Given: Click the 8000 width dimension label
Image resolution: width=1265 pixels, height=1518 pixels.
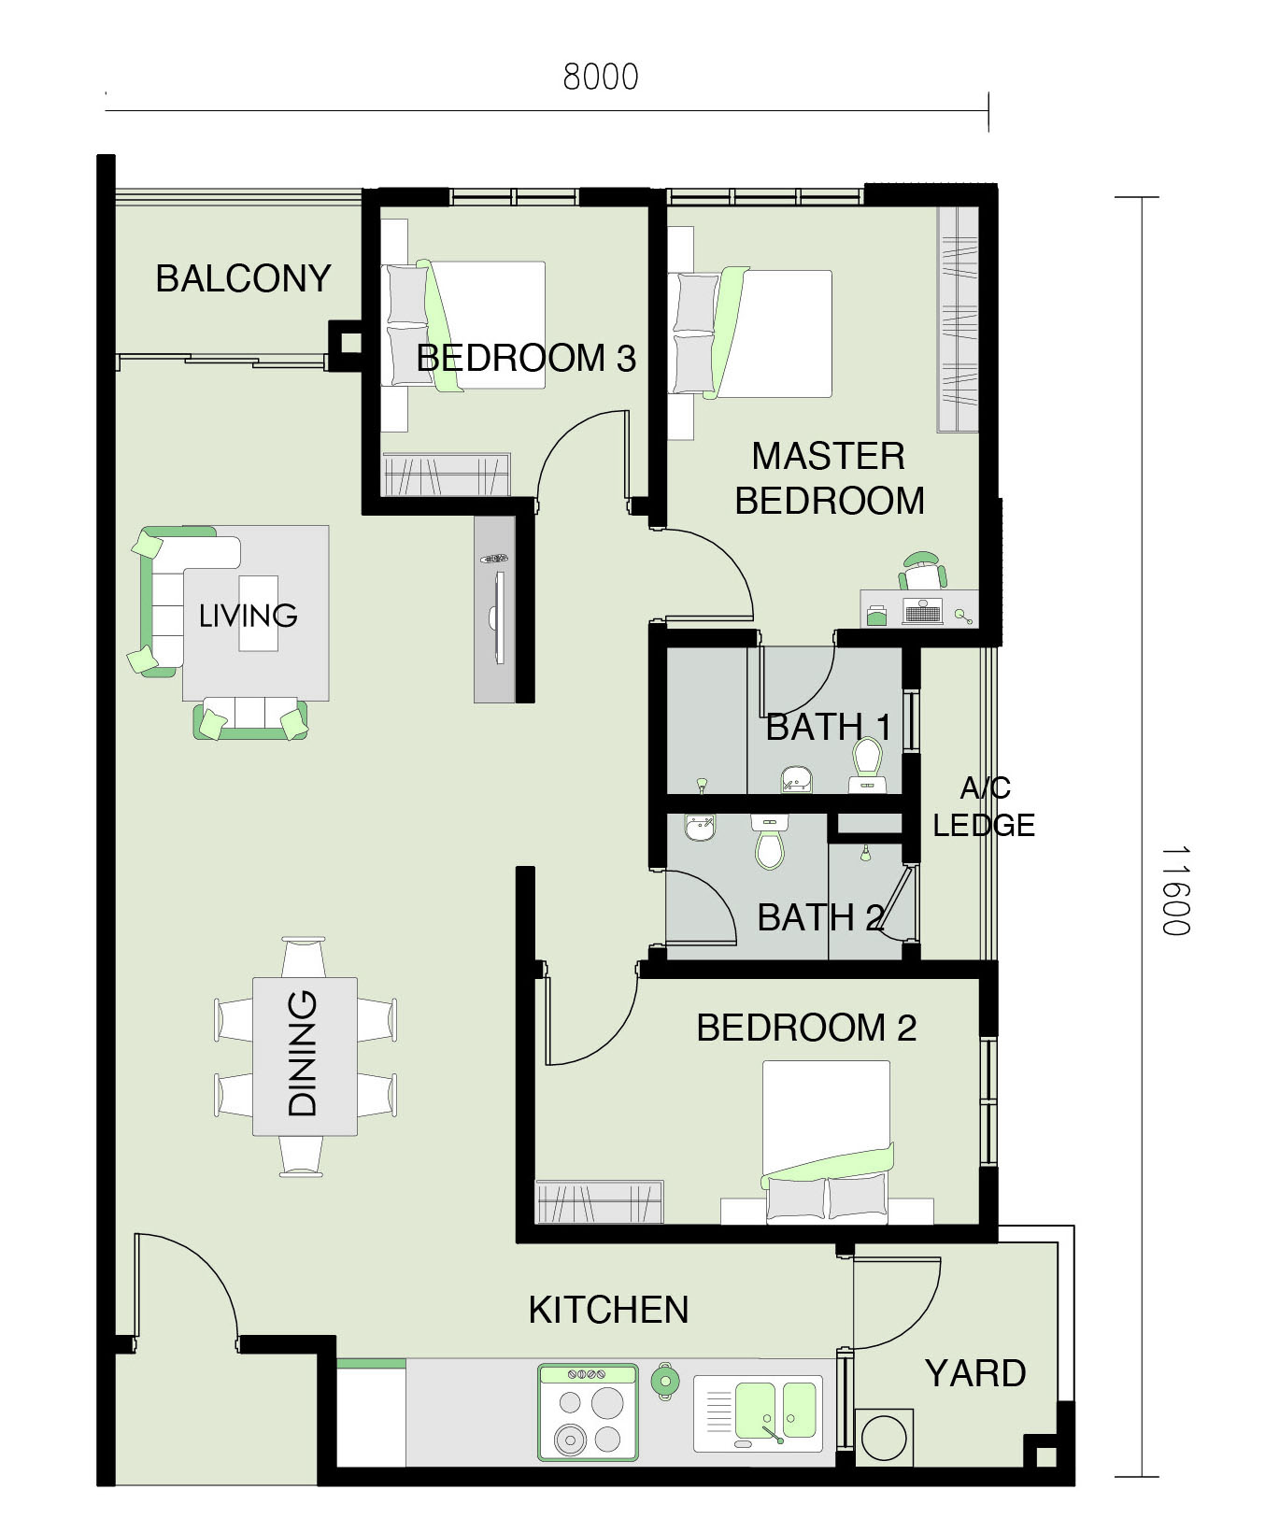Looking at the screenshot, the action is pos(601,77).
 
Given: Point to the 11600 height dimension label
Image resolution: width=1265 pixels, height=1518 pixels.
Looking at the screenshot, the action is pos(1175,890).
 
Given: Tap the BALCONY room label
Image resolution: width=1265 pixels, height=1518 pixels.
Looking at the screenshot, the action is pos(243,278).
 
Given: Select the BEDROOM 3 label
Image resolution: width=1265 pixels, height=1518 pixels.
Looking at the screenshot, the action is pos(526,358).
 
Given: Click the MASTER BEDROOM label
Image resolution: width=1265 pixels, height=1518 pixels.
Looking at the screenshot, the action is pos(830,478).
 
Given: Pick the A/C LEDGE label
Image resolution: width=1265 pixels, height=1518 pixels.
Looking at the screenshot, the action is pos(984,806).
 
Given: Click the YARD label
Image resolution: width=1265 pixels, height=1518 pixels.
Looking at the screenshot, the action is pos(975,1373).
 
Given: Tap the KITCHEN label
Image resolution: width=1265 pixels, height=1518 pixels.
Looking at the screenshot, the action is pos(608,1310).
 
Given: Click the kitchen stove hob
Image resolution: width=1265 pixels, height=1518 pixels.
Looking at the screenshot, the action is pos(588,1412).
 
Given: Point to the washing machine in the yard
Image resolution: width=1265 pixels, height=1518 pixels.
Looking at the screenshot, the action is pos(884,1438).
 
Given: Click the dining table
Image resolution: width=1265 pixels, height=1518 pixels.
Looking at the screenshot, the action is pos(305,1057).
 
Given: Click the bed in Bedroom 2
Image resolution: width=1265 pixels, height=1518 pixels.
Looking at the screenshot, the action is pos(827,1141).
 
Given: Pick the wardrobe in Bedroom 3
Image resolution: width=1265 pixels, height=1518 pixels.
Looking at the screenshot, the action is pos(447,475).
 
